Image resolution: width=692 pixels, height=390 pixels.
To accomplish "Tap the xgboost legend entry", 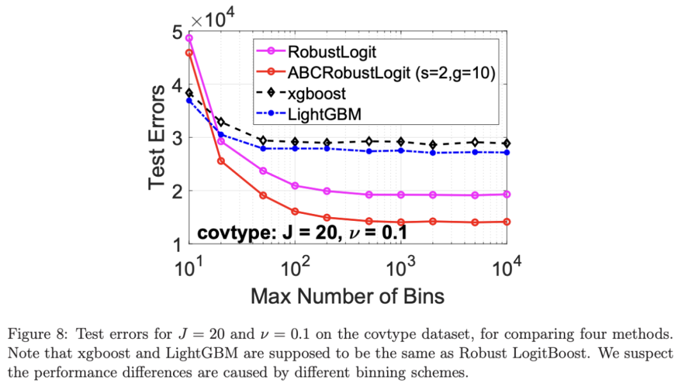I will click(x=317, y=93).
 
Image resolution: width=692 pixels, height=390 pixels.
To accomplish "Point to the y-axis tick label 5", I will click(x=177, y=31).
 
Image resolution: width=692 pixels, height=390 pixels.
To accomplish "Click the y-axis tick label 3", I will click(x=177, y=138).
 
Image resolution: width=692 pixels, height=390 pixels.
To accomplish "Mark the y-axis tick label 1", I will click(x=177, y=244).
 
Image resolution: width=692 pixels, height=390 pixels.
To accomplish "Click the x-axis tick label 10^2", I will click(x=296, y=264).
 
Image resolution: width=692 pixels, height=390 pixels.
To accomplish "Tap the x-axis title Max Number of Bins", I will click(x=348, y=296).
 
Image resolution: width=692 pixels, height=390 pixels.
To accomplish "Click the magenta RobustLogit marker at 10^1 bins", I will click(x=189, y=38).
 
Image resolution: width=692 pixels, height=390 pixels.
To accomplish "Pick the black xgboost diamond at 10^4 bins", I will click(x=507, y=143).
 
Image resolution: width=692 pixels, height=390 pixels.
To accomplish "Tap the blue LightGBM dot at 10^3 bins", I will click(x=401, y=150).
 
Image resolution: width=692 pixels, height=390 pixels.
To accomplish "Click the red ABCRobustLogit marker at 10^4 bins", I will click(x=507, y=222).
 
